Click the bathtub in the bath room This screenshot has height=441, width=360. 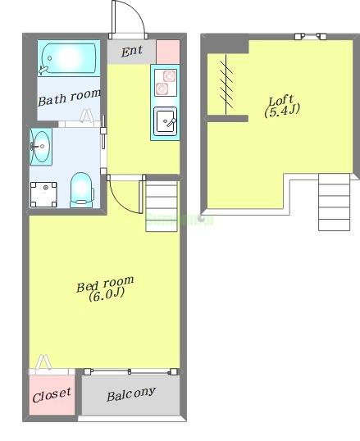(69, 59)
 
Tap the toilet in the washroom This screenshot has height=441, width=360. (82, 190)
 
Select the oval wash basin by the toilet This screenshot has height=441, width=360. (41, 147)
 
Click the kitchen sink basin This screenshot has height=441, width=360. (165, 121)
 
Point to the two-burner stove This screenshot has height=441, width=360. (166, 83)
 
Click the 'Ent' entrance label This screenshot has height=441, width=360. (132, 51)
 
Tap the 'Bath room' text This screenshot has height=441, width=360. (69, 98)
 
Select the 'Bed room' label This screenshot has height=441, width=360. (105, 284)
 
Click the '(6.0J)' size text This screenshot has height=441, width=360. (107, 295)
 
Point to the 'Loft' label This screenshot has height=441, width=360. (280, 100)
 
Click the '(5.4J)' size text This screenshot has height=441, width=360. (282, 111)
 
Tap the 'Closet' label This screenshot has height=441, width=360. (52, 395)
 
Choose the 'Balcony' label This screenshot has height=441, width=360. (131, 394)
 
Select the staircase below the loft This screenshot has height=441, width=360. (334, 202)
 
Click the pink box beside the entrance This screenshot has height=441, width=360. (168, 52)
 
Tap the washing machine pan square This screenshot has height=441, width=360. (43, 194)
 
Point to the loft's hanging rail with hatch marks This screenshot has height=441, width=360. (226, 84)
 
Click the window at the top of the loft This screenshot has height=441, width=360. (311, 36)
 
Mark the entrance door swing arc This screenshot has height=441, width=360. (138, 12)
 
